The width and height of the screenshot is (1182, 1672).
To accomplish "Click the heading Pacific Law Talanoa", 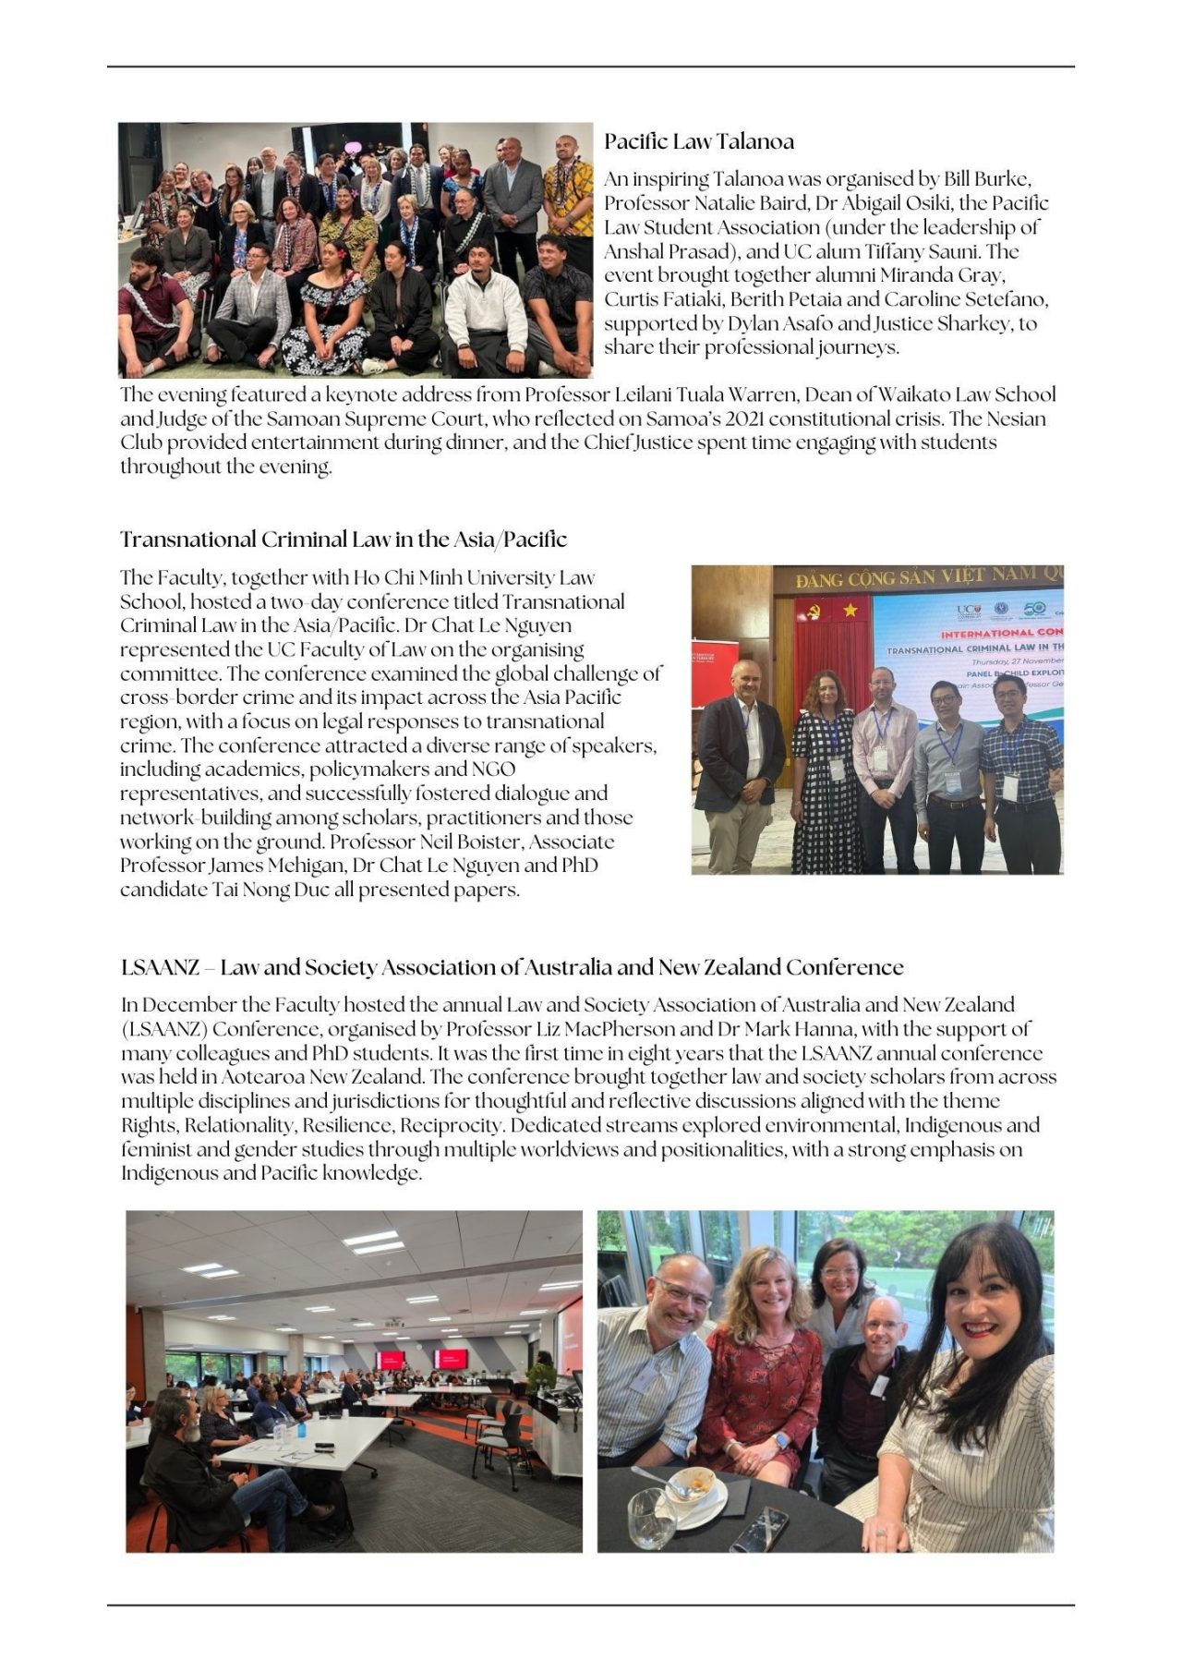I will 699,142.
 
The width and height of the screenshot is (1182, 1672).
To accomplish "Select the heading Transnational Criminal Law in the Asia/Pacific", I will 344,539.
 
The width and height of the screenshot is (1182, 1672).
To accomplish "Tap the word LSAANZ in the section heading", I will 160,967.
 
